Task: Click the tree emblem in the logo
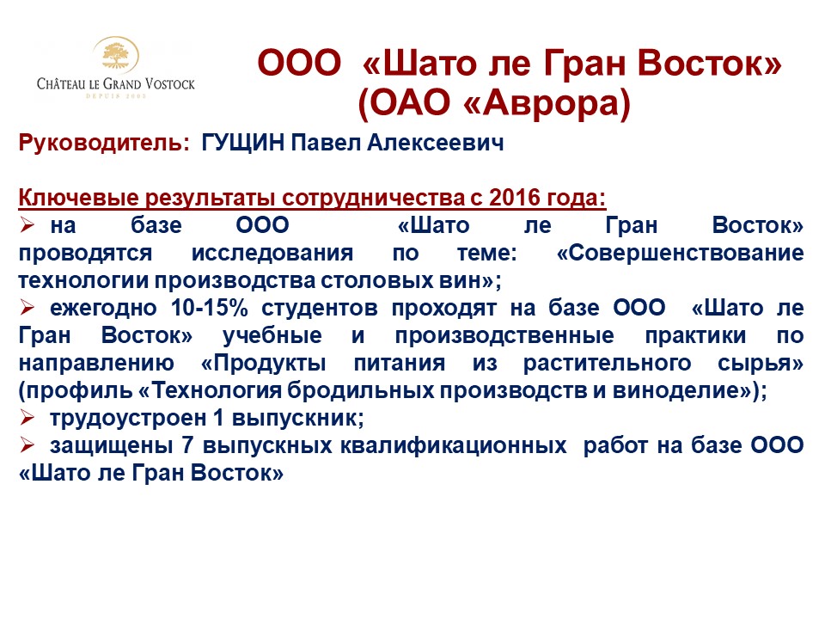pyautogui.click(x=116, y=55)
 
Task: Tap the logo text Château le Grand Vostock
pyautogui.click(x=116, y=83)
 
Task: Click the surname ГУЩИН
pyautogui.click(x=243, y=143)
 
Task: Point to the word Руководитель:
pyautogui.click(x=104, y=144)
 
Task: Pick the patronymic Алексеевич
pyautogui.click(x=435, y=143)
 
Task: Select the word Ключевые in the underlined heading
pyautogui.click(x=79, y=198)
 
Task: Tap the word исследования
pyautogui.click(x=272, y=253)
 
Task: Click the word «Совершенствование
pyautogui.click(x=680, y=253)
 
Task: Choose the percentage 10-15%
pyautogui.click(x=210, y=308)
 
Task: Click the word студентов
pyautogui.click(x=320, y=309)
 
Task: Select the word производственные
pyautogui.click(x=504, y=336)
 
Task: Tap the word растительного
pyautogui.click(x=608, y=363)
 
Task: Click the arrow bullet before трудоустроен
pyautogui.click(x=27, y=418)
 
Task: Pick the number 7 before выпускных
pyautogui.click(x=188, y=446)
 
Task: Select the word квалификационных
pyautogui.click(x=454, y=446)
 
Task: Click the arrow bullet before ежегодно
pyautogui.click(x=27, y=308)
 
